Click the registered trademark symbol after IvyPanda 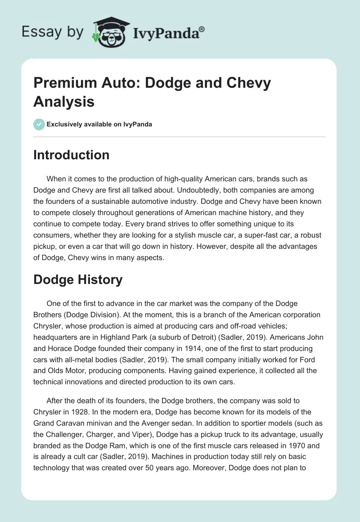pyautogui.click(x=202, y=29)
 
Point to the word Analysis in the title pyautogui.click(x=64, y=101)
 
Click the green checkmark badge pyautogui.click(x=39, y=124)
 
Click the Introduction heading pyautogui.click(x=71, y=155)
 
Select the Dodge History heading pyautogui.click(x=78, y=279)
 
